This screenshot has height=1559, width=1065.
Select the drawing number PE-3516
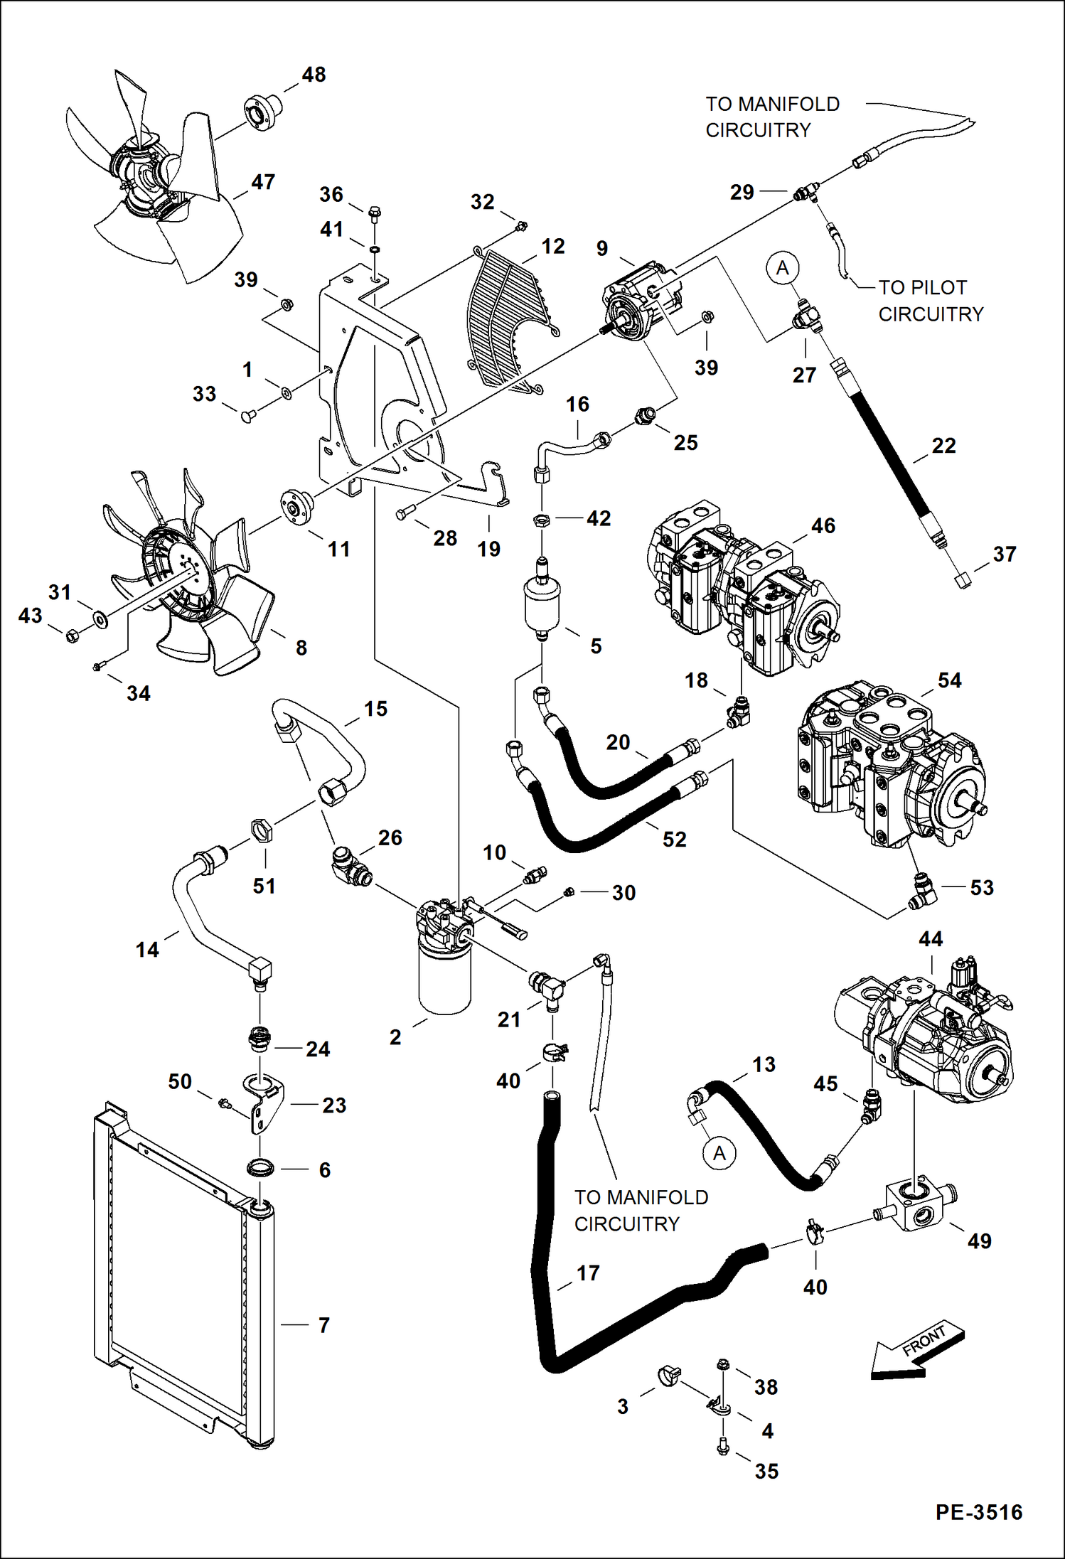(978, 1512)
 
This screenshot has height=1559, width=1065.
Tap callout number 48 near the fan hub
(314, 75)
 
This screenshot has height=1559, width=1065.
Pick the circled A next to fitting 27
(783, 268)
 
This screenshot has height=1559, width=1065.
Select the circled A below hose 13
(719, 1153)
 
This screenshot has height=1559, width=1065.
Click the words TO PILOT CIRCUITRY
(930, 301)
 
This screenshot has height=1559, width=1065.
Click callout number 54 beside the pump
(950, 680)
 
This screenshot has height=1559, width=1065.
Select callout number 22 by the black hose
(943, 446)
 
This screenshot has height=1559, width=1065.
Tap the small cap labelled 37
(962, 580)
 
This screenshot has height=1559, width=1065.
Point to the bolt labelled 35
(723, 1447)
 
